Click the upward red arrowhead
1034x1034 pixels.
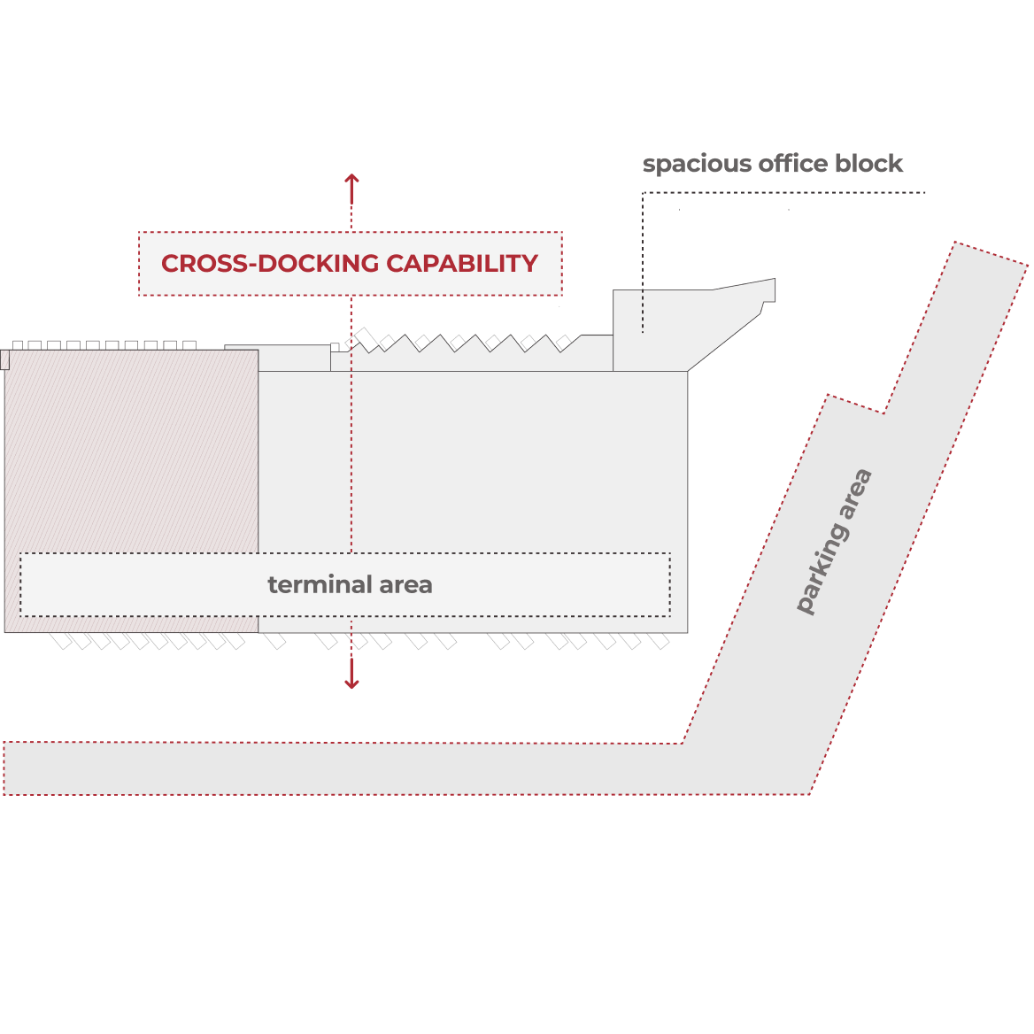pos(351,180)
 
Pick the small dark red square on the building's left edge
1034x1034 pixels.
pos(5,359)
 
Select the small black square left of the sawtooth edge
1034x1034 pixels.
pos(335,348)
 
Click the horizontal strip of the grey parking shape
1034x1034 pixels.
pos(354,768)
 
